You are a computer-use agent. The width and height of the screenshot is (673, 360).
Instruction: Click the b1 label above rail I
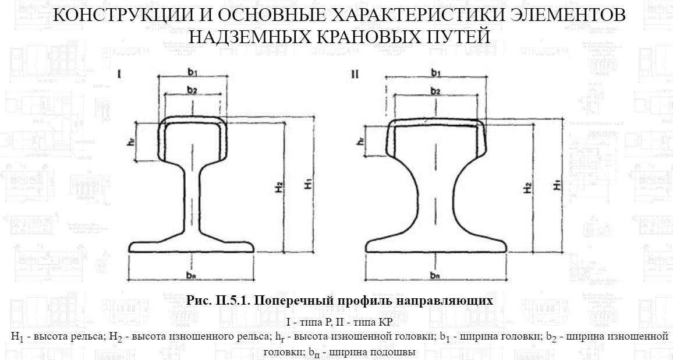tap(192, 72)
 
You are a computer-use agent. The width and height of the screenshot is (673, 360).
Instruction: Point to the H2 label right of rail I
tap(279, 187)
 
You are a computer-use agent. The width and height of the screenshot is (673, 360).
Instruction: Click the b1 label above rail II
tap(435, 72)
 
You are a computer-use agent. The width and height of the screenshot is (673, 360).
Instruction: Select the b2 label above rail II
tap(435, 91)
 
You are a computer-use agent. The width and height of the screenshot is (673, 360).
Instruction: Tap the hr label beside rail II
tap(362, 142)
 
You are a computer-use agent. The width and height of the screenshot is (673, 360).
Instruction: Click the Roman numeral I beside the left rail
tap(119, 75)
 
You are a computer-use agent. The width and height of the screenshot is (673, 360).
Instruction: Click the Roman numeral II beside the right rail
tap(356, 75)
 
